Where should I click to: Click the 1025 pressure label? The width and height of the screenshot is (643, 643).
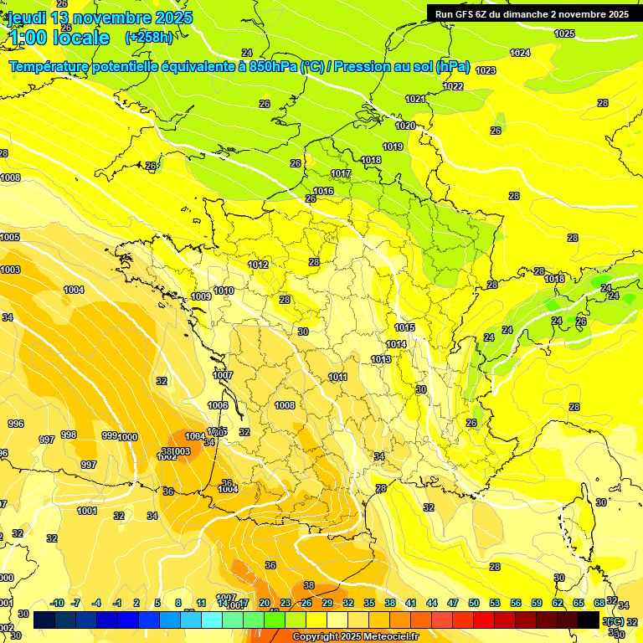tap(564, 33)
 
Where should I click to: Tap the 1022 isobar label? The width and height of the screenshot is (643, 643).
tap(453, 86)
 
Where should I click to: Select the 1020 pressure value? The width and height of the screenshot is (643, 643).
tap(405, 126)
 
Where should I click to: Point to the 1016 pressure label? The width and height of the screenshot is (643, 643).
tap(323, 192)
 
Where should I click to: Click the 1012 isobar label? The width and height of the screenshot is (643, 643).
tap(258, 265)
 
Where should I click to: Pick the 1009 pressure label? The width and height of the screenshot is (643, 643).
tap(201, 296)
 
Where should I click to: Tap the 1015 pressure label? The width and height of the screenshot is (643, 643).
tap(405, 327)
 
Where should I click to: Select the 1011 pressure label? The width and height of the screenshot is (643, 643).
tap(337, 378)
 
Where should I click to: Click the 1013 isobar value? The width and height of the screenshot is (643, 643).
tap(381, 359)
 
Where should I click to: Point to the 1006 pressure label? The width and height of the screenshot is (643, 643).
tap(218, 405)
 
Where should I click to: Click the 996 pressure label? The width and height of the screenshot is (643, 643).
tap(16, 424)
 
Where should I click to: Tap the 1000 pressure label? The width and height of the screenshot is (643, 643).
tap(127, 437)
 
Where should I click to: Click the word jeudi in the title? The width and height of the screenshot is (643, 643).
tap(26, 18)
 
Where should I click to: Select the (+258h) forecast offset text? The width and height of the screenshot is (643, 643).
tap(149, 38)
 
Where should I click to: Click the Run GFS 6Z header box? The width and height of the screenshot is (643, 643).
tap(529, 14)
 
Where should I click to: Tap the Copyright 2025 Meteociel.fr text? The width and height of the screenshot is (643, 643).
tap(355, 636)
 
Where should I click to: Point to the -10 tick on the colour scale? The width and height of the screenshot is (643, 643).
tap(57, 603)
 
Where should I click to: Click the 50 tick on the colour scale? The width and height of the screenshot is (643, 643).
tap(474, 603)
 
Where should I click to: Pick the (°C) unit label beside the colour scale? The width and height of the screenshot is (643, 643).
tap(614, 621)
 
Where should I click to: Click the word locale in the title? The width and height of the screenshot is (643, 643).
tap(80, 38)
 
